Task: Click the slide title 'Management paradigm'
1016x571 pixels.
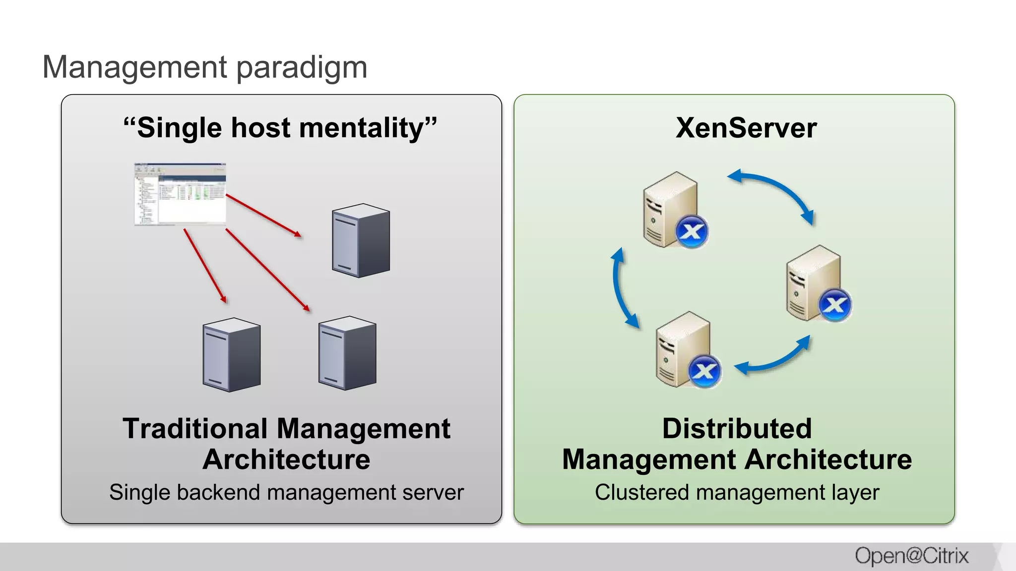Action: pyautogui.click(x=204, y=67)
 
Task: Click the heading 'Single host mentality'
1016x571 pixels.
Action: pyautogui.click(x=280, y=128)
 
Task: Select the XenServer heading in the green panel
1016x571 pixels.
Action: pyautogui.click(x=746, y=128)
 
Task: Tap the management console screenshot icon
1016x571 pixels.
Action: pyautogui.click(x=180, y=194)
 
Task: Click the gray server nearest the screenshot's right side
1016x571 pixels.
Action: pyautogui.click(x=361, y=240)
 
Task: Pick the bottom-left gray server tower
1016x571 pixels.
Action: pyautogui.click(x=231, y=355)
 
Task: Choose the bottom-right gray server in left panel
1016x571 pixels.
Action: pyautogui.click(x=347, y=353)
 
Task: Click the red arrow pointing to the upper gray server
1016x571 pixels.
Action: pyautogui.click(x=263, y=215)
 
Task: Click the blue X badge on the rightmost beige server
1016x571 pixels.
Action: pyautogui.click(x=835, y=305)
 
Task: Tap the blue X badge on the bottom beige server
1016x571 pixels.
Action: pyautogui.click(x=704, y=371)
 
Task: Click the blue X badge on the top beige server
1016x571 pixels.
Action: pyautogui.click(x=692, y=231)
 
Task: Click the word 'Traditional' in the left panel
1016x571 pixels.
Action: pyautogui.click(x=195, y=429)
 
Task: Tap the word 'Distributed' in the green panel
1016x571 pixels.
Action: pyautogui.click(x=737, y=429)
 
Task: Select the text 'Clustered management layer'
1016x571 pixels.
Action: pyautogui.click(x=737, y=493)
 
